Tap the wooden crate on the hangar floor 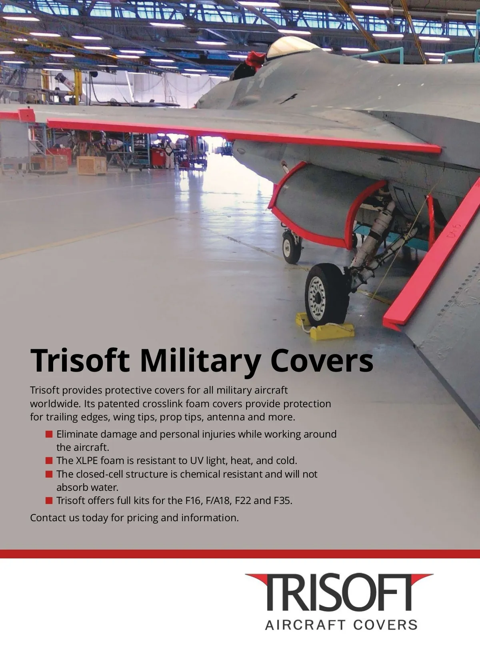pyautogui.click(x=91, y=165)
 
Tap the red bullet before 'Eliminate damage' pyautogui.click(x=49, y=434)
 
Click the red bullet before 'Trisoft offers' pyautogui.click(x=49, y=500)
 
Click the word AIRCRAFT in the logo pyautogui.click(x=305, y=625)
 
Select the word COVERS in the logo pyautogui.click(x=385, y=625)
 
